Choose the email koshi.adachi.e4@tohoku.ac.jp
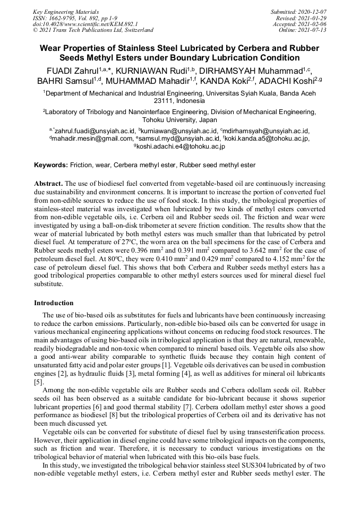181,146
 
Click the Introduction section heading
54,303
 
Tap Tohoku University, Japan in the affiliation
180,120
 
